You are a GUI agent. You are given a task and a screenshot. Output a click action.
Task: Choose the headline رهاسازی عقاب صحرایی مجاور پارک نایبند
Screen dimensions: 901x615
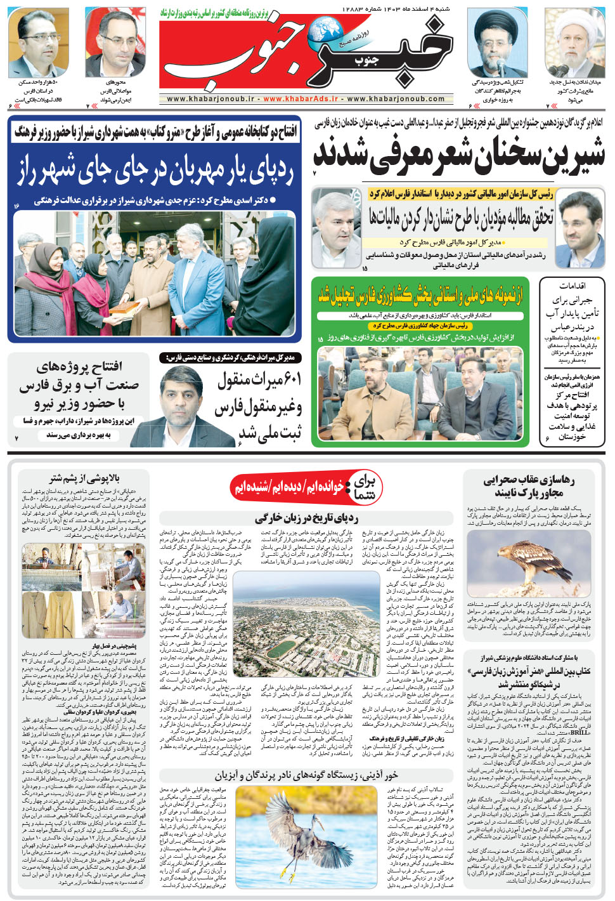529,486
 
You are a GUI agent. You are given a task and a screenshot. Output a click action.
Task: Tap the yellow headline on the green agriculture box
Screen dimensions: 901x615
420,295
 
